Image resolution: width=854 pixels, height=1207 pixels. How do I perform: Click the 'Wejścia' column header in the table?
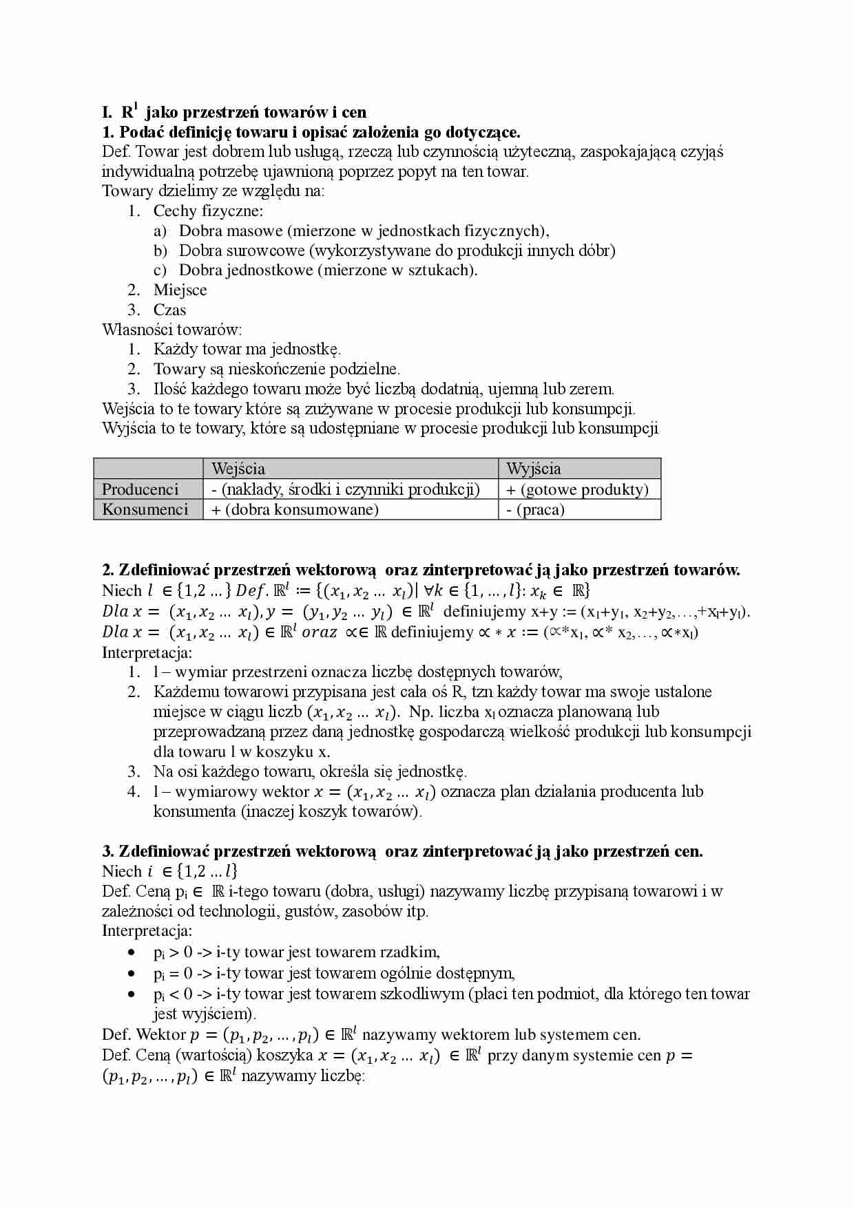[x=238, y=469]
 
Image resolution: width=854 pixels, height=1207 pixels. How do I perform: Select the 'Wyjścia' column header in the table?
[x=534, y=469]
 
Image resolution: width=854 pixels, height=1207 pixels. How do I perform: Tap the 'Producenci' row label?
[x=140, y=489]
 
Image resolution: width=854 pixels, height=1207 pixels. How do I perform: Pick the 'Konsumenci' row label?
[x=145, y=509]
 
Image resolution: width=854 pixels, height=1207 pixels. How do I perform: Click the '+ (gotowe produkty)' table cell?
[x=578, y=489]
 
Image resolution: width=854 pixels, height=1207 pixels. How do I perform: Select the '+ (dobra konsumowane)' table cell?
[x=295, y=509]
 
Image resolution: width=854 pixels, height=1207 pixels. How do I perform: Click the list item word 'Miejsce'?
[x=180, y=290]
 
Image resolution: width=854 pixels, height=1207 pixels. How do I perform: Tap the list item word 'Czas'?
[x=169, y=310]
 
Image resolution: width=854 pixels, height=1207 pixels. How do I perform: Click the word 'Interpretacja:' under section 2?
[x=147, y=652]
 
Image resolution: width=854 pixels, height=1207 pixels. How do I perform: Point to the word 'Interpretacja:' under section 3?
[x=147, y=931]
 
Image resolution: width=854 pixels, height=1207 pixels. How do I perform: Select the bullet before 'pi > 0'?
[x=132, y=952]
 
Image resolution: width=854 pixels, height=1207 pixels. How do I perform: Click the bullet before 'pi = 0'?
[x=132, y=973]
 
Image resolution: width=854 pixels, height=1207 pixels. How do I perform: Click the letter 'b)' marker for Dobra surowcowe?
[x=160, y=250]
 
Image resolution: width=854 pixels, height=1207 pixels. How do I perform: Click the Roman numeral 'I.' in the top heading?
[x=107, y=112]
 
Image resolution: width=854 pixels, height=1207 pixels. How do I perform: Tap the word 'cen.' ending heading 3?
[x=689, y=851]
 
